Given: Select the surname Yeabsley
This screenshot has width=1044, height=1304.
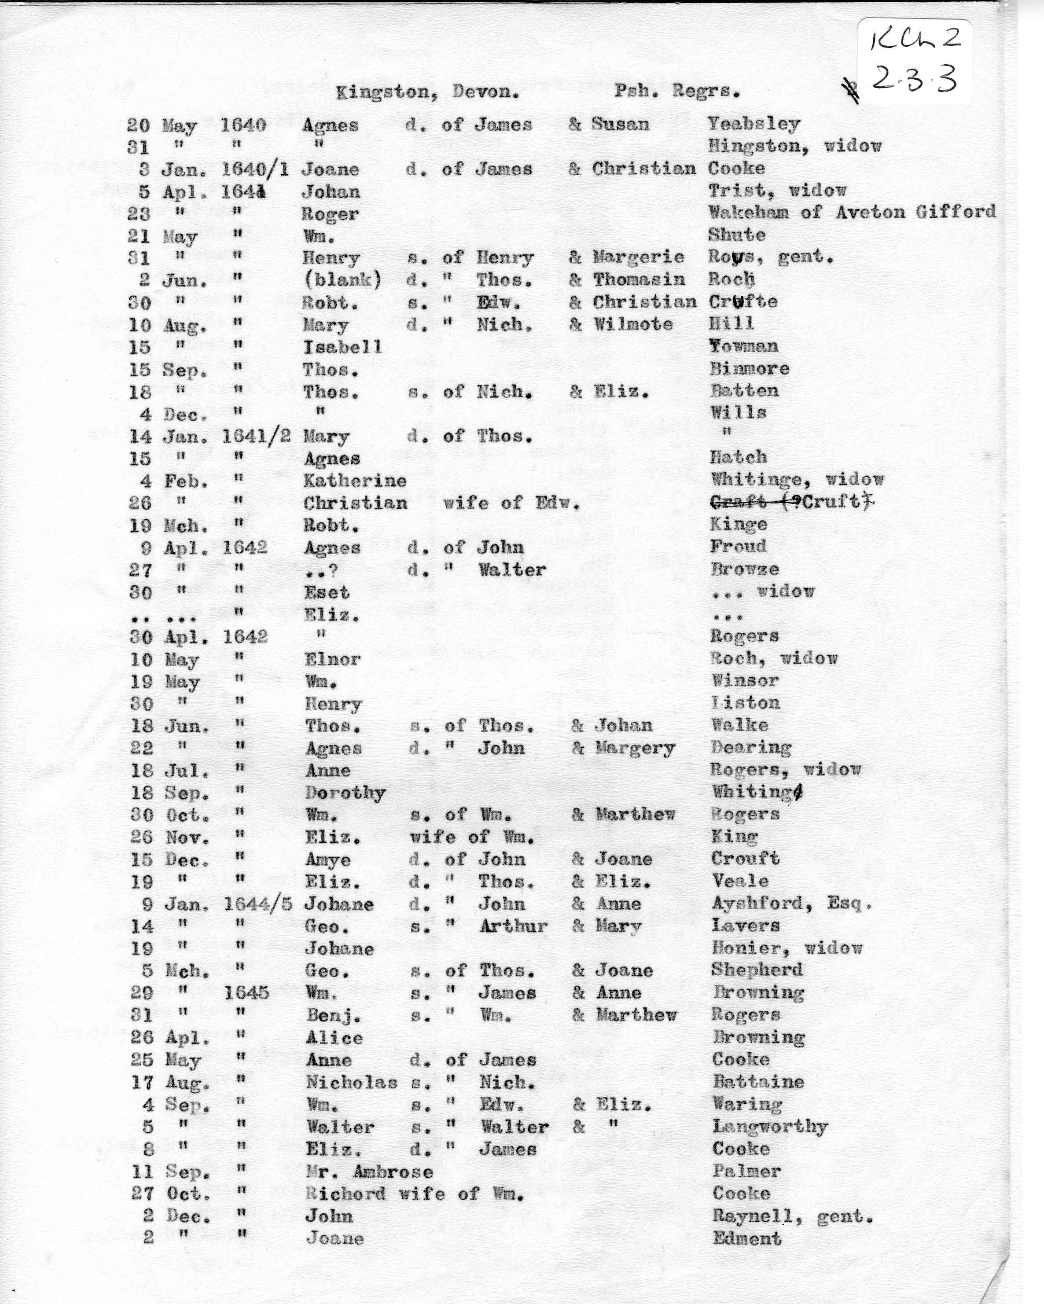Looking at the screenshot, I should (x=754, y=124).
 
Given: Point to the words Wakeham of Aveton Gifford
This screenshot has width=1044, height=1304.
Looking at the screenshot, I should (x=852, y=212).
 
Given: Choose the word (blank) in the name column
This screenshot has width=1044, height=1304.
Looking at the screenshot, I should (x=342, y=280).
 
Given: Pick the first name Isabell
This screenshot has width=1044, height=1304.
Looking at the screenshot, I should (x=342, y=346).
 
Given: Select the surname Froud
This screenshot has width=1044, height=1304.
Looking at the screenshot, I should (x=738, y=547).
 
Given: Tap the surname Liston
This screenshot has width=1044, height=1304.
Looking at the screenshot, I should (x=745, y=703).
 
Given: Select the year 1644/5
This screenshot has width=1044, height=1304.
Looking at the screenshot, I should (x=257, y=904).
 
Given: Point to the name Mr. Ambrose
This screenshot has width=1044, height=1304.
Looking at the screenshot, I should (x=369, y=1172).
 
